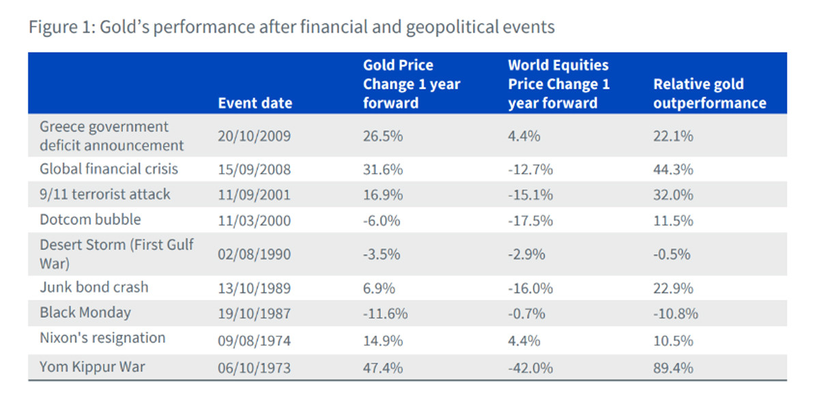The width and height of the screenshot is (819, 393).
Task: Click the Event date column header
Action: coord(255,103)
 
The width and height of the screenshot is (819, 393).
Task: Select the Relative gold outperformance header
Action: coord(709,94)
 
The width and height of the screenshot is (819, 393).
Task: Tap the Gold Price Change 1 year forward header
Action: coord(412,84)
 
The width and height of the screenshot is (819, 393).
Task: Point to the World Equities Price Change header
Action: coord(558,84)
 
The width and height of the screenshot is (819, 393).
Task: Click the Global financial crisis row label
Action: coord(109,169)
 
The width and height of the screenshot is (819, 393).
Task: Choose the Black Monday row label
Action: coord(85,312)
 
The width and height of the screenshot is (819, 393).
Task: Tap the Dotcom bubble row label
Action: coord(90,219)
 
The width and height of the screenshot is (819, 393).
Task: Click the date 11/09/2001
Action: coord(254,195)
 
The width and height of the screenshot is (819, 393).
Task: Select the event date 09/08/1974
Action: coord(254,340)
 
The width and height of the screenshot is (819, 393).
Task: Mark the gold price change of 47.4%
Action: coord(382,368)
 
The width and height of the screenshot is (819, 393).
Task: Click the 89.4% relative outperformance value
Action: coord(673,368)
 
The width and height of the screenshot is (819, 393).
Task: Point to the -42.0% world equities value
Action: coord(530,368)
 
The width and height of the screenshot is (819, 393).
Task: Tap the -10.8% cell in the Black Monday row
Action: coord(676,314)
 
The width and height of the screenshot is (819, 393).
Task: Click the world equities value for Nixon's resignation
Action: coord(523,340)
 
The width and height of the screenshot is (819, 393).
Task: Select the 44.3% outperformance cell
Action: coord(673,170)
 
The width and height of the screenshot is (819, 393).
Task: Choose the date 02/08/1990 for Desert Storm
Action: coord(254,254)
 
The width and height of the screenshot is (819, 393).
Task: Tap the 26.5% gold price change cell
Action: coord(382,136)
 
